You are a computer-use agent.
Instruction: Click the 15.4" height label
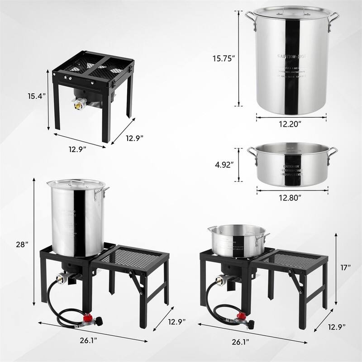(x=34, y=95)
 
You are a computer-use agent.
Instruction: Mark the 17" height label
(x=346, y=267)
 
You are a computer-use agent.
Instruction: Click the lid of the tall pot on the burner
(x=76, y=184)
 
